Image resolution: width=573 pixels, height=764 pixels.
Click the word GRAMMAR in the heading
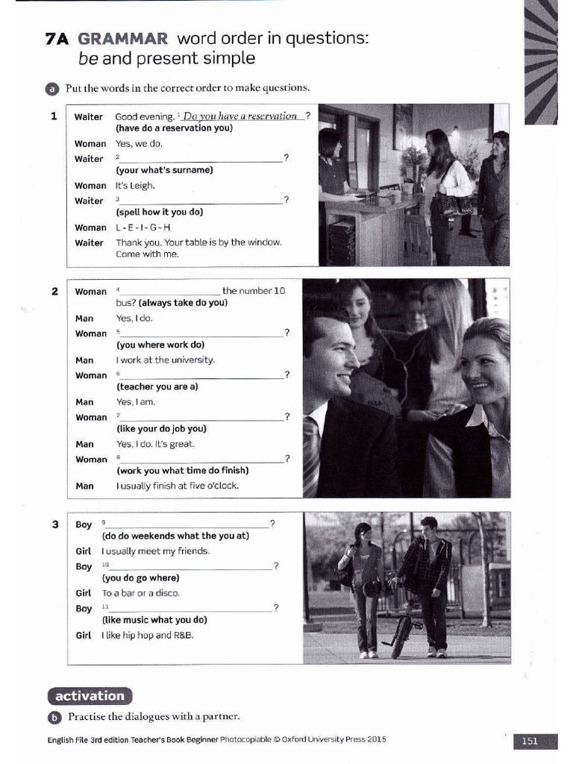point(123,38)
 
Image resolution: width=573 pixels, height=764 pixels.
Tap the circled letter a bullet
point(52,89)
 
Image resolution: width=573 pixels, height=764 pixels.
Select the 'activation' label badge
point(90,696)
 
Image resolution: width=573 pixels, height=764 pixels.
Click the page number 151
point(530,741)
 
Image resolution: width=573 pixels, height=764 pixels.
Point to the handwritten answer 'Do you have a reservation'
point(240,116)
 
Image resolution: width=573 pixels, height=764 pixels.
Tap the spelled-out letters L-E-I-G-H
point(143,228)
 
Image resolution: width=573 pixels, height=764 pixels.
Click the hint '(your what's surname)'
point(164,170)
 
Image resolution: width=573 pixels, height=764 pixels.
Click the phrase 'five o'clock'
point(213,486)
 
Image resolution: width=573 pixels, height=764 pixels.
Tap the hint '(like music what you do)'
point(154,620)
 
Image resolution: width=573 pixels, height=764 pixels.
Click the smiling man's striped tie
point(311,455)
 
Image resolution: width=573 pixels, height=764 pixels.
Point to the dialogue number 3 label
point(54,525)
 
